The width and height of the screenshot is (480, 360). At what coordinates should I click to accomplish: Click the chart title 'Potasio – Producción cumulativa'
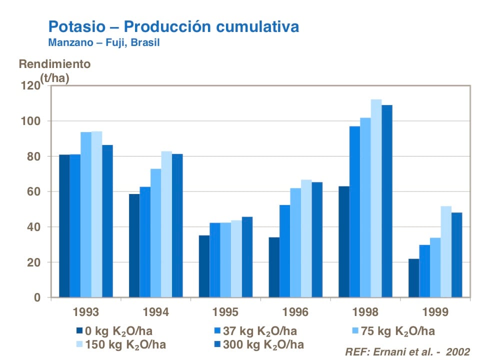coord(173,26)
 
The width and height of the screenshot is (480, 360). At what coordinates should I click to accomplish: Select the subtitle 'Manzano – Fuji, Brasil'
coord(104,42)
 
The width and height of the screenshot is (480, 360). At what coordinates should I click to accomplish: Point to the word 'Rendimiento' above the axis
coord(54,64)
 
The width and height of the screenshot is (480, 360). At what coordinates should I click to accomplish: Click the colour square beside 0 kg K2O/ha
coord(80,330)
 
